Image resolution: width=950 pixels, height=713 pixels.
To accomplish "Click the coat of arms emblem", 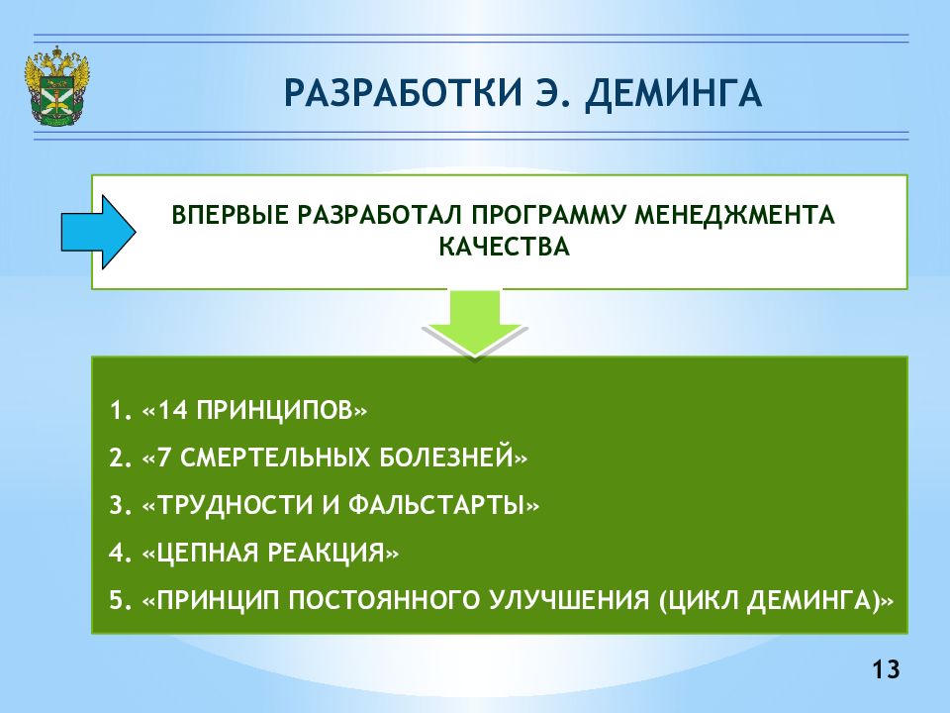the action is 56,87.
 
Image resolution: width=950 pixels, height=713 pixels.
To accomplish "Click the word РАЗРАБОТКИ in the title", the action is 403,93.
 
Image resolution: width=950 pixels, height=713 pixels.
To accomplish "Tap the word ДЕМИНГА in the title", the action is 673,94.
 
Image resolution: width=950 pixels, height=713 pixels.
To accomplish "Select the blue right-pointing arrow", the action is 98,232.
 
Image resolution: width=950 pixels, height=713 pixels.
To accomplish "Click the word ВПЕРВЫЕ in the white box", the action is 230,215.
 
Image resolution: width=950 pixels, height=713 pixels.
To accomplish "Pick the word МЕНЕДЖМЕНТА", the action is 733,216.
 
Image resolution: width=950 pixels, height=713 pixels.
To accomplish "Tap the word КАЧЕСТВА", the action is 504,247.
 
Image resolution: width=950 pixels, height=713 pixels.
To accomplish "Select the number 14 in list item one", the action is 173,411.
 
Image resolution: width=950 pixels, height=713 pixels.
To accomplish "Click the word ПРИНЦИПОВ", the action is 275,411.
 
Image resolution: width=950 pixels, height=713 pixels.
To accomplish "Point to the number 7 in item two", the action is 164,458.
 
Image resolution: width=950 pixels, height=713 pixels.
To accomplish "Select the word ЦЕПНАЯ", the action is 208,553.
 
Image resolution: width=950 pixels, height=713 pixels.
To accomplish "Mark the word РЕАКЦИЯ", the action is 327,553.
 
